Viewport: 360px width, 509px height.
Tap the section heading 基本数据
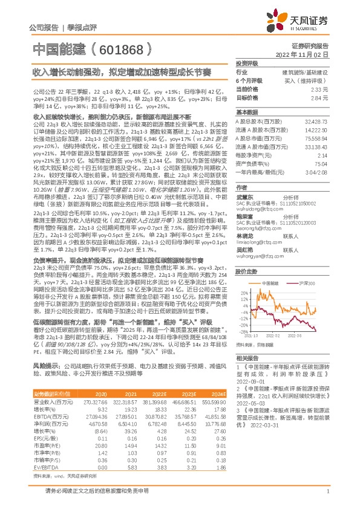(x=247, y=113)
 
